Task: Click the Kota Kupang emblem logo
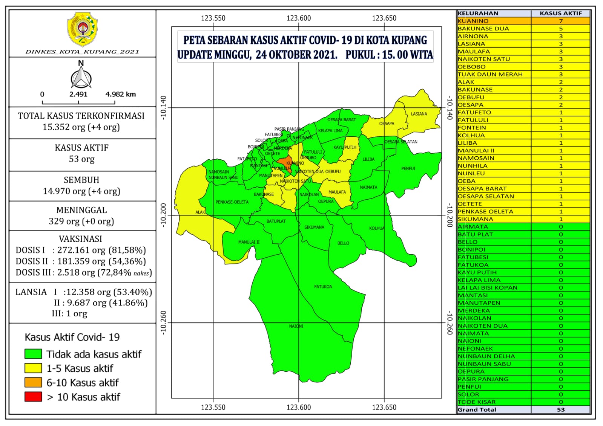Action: click(82, 29)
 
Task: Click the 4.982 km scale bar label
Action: click(120, 94)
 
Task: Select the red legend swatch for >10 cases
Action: click(33, 397)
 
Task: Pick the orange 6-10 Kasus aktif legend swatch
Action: click(33, 382)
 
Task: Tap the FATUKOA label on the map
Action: click(323, 287)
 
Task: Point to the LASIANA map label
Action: click(419, 114)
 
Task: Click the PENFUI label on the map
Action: click(408, 168)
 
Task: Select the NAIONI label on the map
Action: click(296, 326)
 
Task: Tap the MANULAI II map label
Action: click(249, 242)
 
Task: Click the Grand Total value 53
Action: click(560, 410)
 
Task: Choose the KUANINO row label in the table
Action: click(473, 21)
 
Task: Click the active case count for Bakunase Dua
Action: click(560, 29)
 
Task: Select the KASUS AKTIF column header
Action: click(560, 13)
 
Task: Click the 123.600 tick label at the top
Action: click(299, 18)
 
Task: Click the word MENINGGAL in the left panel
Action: click(81, 210)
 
